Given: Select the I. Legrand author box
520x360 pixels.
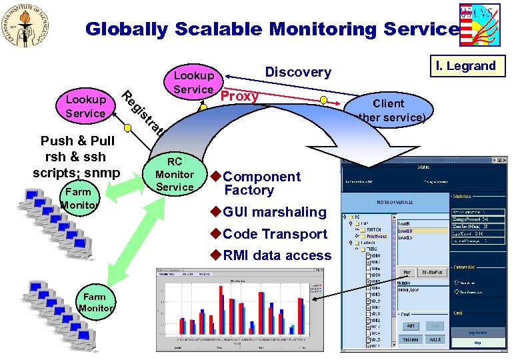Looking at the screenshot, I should [466, 65].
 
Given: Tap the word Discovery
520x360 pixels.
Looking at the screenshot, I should [298, 72].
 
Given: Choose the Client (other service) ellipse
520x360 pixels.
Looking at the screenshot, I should [389, 111].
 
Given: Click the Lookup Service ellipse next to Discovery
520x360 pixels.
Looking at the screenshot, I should [193, 83].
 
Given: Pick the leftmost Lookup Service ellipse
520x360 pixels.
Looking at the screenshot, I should [85, 106].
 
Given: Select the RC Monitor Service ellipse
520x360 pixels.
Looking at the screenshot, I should [174, 175].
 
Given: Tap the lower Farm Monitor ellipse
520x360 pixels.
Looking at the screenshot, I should [95, 302].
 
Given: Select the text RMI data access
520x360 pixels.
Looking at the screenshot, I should [277, 255].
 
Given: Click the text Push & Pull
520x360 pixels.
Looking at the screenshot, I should [77, 141].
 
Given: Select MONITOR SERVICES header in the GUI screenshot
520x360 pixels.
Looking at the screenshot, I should [395, 201].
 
